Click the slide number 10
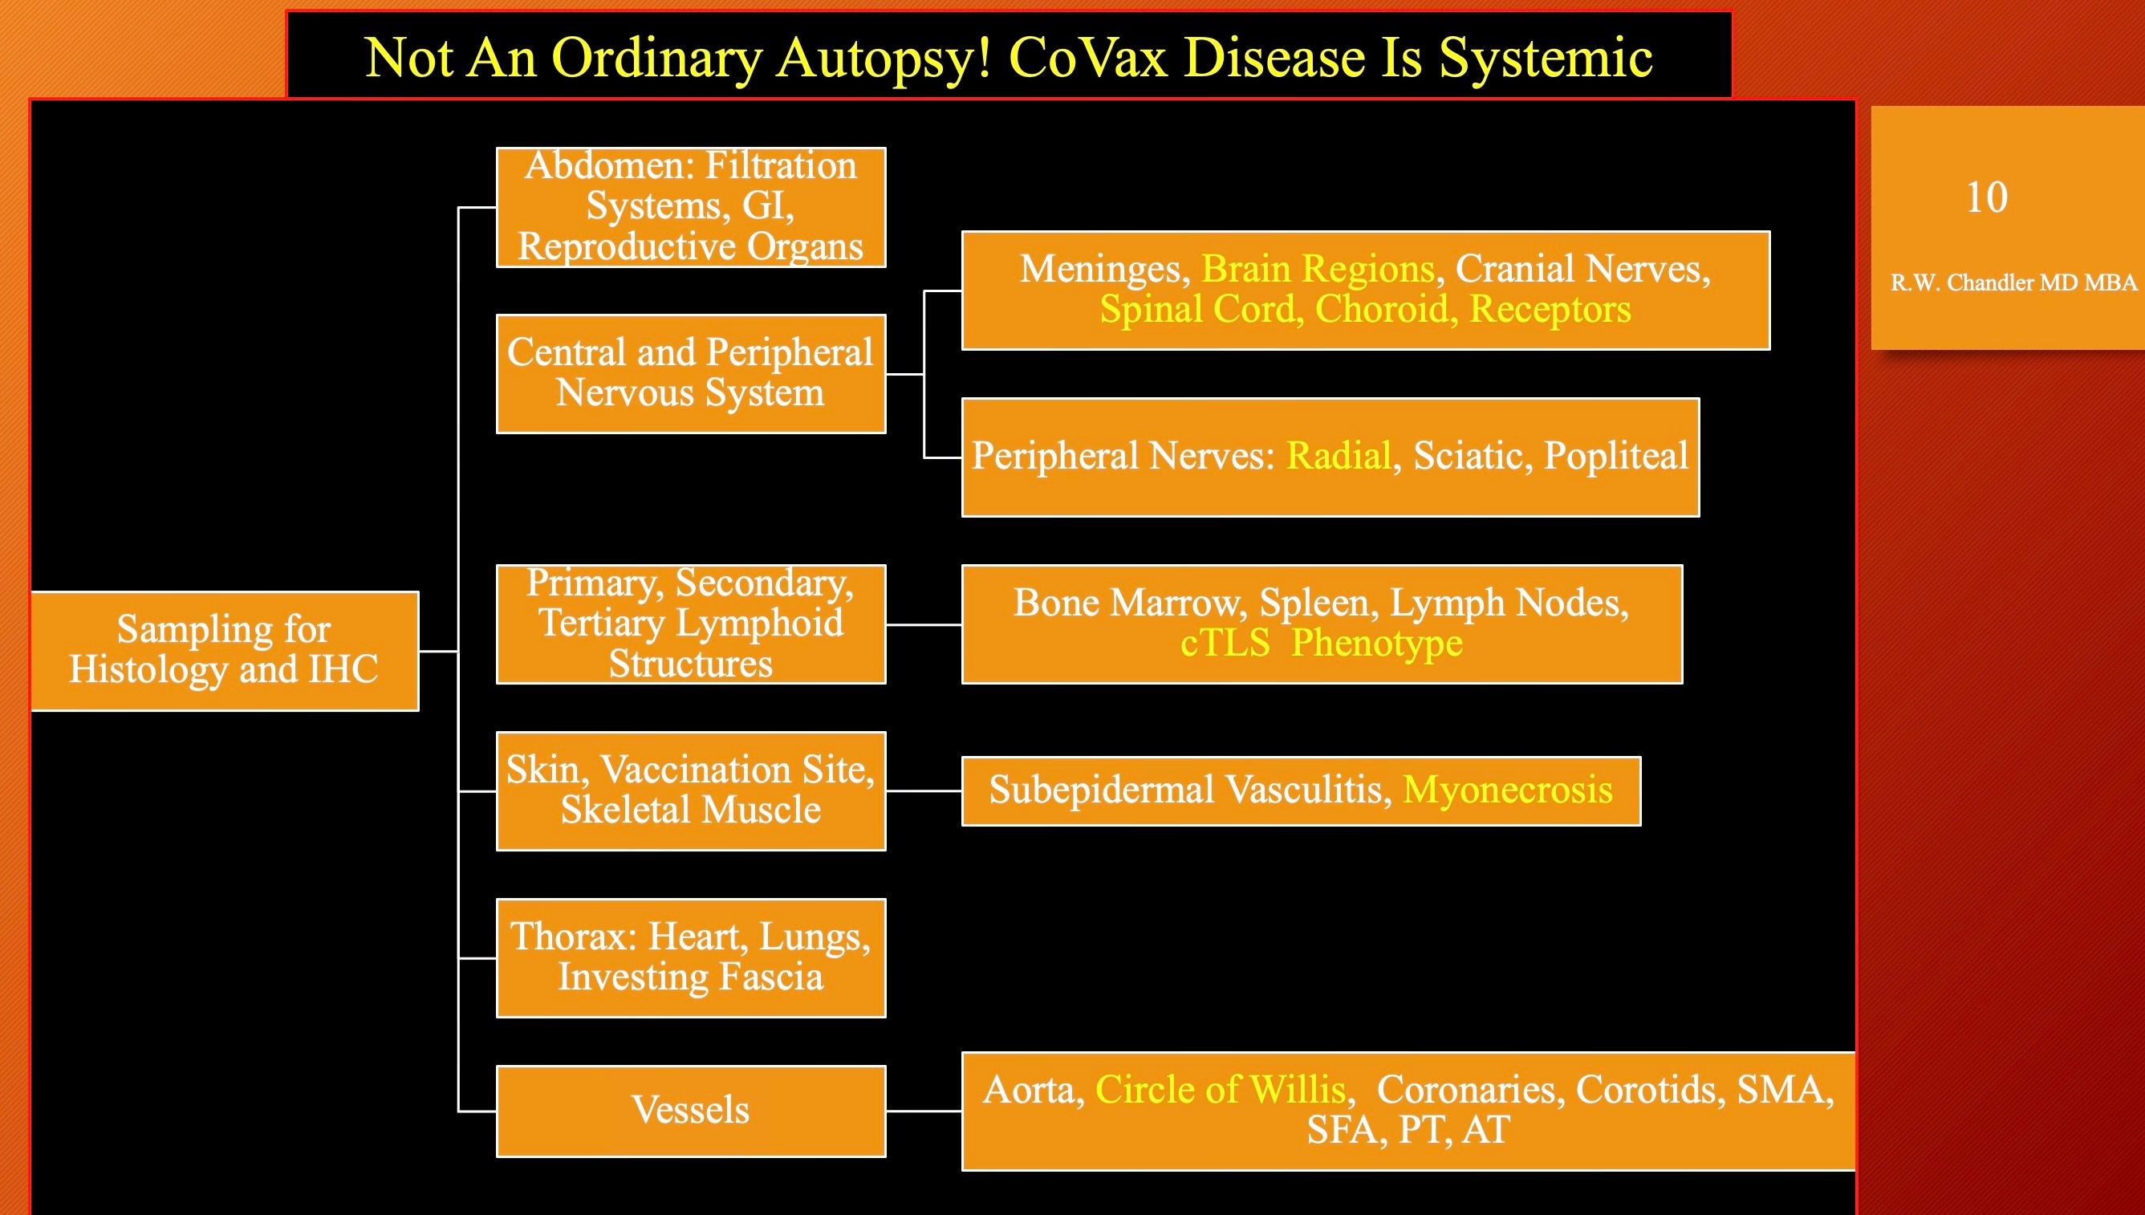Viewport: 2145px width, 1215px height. coord(1986,197)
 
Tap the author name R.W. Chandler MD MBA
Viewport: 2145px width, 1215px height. coord(2013,283)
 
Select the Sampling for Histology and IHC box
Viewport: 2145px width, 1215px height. coord(225,651)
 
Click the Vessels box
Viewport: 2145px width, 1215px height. coord(691,1111)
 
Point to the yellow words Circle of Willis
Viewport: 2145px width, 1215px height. coord(1221,1089)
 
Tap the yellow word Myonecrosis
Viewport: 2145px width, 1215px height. coord(1508,790)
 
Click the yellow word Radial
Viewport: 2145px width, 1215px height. coord(1339,456)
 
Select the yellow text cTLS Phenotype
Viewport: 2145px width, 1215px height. coord(1322,644)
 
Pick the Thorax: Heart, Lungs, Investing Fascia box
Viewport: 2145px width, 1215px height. coord(691,958)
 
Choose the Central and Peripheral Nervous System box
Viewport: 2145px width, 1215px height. coord(691,374)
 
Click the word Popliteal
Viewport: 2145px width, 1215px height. coord(1615,457)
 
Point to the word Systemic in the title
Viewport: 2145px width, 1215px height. coord(1546,59)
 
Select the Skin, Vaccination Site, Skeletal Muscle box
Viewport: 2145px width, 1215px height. coord(691,791)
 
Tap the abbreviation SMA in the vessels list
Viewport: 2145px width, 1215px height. coord(1785,1089)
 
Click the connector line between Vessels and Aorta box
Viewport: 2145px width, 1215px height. coord(924,1111)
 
